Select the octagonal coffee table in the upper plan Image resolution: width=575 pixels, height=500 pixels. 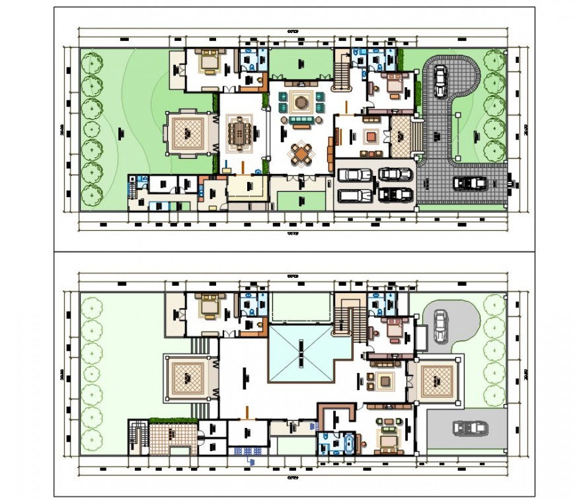click(x=301, y=102)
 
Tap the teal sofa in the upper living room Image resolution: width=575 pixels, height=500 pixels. click(x=301, y=122)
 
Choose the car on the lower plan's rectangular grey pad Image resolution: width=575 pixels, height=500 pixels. click(x=470, y=428)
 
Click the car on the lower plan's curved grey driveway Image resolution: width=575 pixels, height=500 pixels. click(x=441, y=326)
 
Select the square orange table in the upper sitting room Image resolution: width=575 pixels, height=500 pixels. click(x=371, y=137)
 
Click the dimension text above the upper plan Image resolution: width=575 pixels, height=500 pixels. click(x=291, y=31)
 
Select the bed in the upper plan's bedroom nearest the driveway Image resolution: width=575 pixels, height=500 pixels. click(x=394, y=83)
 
